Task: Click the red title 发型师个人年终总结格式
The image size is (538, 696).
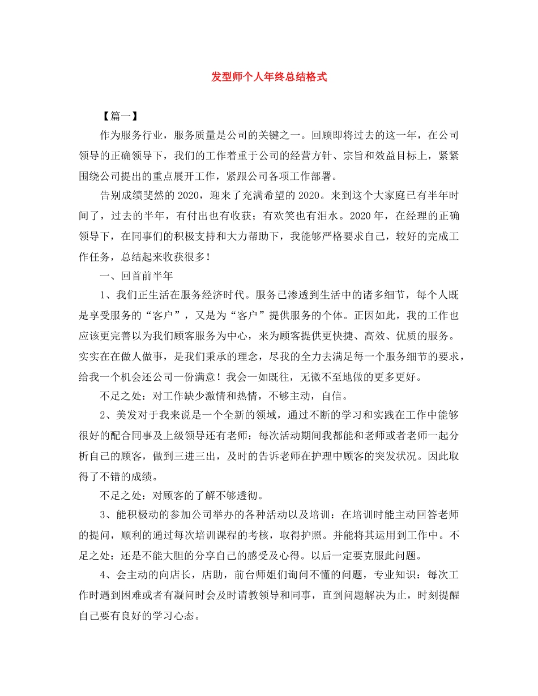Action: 269,77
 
